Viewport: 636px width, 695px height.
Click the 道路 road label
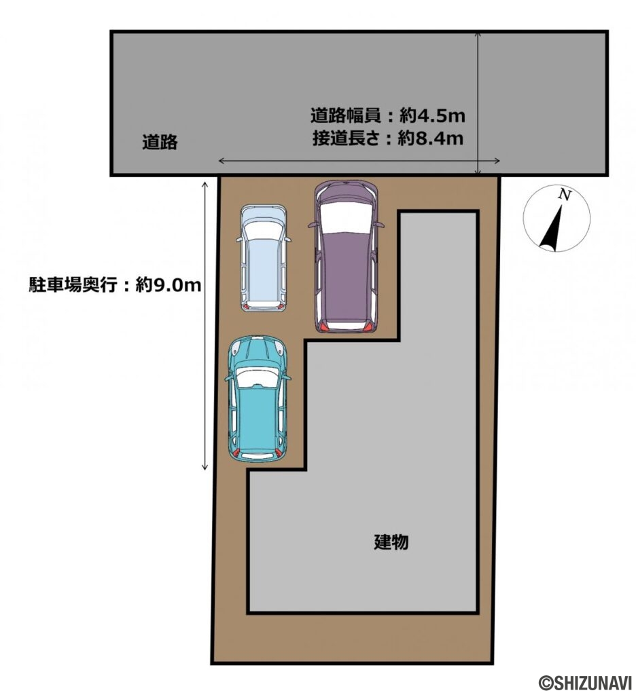point(160,142)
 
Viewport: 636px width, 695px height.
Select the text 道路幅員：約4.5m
point(388,116)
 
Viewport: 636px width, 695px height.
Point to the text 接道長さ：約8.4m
point(388,139)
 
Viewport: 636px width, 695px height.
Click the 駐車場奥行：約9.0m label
point(114,284)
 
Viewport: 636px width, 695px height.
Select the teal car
point(258,400)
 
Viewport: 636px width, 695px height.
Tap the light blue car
point(263,259)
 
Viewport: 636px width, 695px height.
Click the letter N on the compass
point(563,194)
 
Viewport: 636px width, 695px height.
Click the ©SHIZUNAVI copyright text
point(585,682)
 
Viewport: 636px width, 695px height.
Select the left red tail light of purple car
point(325,328)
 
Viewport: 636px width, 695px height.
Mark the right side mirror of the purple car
point(382,225)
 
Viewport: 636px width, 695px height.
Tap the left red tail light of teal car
point(234,453)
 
